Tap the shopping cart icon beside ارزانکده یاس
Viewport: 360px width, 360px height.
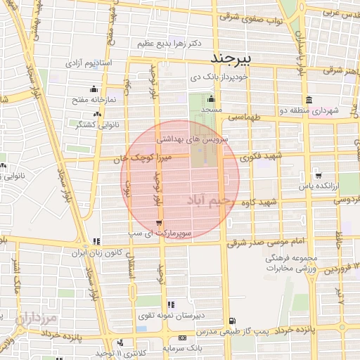tap(319, 176)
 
